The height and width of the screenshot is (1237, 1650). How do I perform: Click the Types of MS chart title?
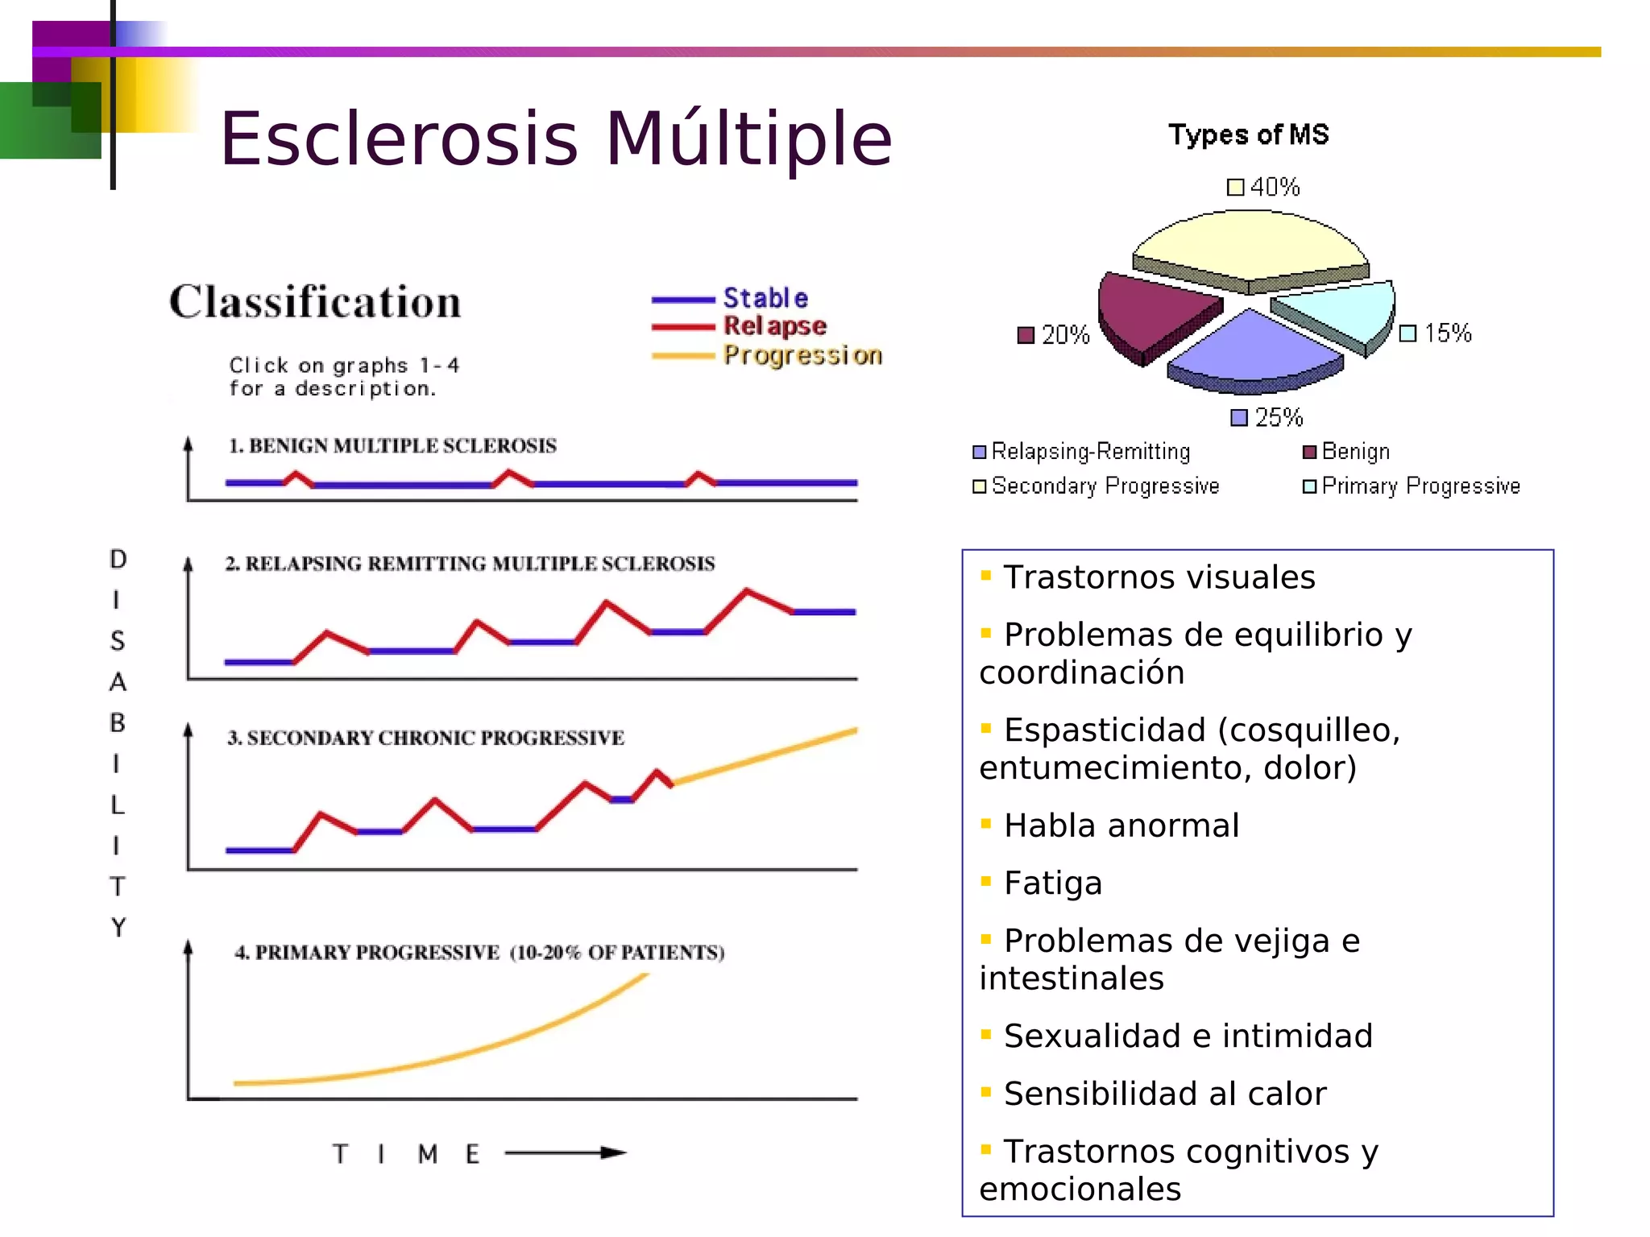(1248, 134)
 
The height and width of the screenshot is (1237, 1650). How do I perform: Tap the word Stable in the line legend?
(765, 298)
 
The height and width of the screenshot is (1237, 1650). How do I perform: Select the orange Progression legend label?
(802, 355)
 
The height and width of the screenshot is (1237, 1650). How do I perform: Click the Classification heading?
(315, 302)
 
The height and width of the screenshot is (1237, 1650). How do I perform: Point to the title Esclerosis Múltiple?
(556, 139)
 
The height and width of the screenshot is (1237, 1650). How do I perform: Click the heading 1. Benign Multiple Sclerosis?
(392, 445)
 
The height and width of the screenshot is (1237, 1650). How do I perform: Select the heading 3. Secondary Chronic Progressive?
(425, 738)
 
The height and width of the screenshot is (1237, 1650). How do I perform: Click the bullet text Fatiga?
(1052, 883)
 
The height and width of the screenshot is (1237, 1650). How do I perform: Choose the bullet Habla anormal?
(1121, 826)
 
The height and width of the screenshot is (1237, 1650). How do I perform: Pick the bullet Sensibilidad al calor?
(1164, 1094)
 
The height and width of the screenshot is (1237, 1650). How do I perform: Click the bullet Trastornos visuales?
(1159, 577)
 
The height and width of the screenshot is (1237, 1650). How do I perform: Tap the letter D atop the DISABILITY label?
(118, 559)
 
